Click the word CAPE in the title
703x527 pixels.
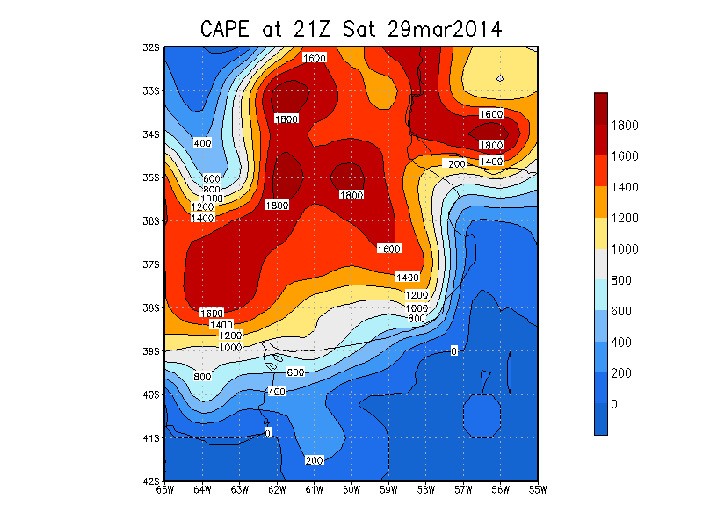[x=224, y=30]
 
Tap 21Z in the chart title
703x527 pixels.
[x=312, y=30]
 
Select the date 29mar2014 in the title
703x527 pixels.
[x=445, y=30]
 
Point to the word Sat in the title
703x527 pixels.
[x=359, y=30]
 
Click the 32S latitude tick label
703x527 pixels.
[x=151, y=47]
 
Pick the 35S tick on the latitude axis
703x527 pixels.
[x=151, y=177]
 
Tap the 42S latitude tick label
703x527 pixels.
[x=151, y=481]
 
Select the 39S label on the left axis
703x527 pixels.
[x=151, y=350]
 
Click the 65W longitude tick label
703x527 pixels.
[x=165, y=490]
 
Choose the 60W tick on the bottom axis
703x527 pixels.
[x=351, y=490]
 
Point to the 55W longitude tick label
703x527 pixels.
[x=538, y=490]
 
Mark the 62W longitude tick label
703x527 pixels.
[x=277, y=490]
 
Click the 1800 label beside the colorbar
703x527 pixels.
[x=625, y=125]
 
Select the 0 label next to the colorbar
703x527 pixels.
[x=614, y=404]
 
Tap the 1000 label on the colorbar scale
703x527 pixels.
[x=625, y=249]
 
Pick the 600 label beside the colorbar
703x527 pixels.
[x=621, y=311]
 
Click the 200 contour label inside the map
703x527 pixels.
[x=315, y=460]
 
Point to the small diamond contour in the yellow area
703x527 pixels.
[x=500, y=78]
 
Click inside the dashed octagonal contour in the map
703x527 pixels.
[x=482, y=415]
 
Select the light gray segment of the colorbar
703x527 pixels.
[x=601, y=264]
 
